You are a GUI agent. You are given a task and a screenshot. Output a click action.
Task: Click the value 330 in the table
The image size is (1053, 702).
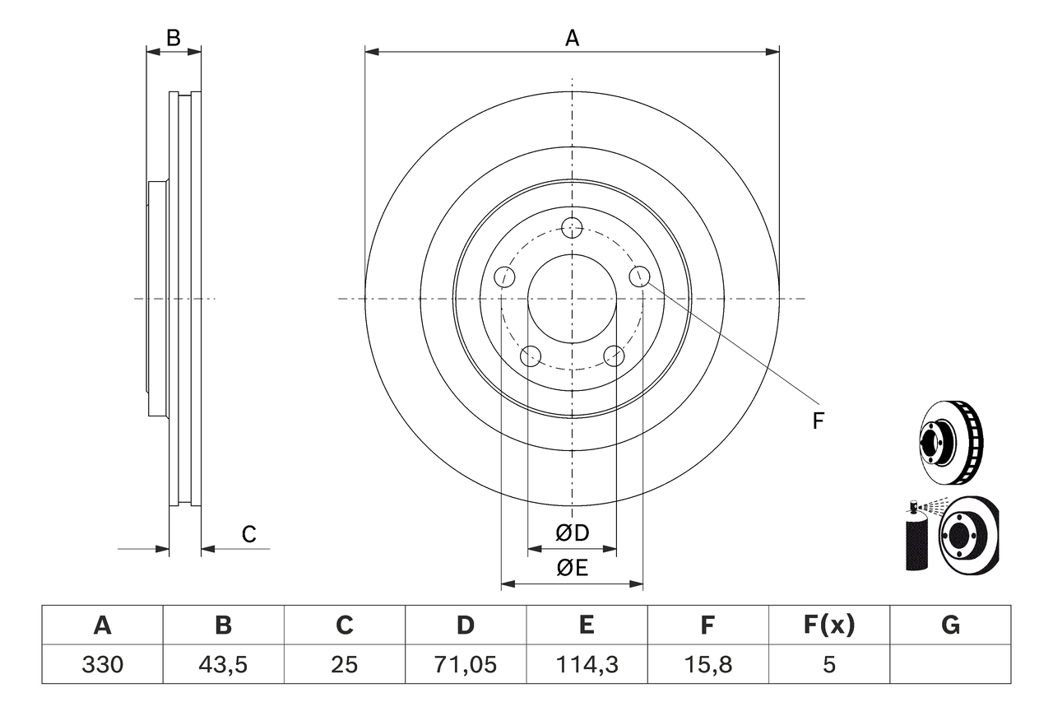pyautogui.click(x=102, y=664)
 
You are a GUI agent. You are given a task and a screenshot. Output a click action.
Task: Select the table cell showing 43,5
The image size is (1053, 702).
pyautogui.click(x=223, y=664)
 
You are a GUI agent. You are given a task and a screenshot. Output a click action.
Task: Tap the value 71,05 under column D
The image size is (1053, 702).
pyautogui.click(x=466, y=664)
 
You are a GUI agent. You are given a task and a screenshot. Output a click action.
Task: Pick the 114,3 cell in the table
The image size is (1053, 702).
pyautogui.click(x=586, y=664)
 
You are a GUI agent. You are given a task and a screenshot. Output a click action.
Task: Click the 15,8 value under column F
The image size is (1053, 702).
pyautogui.click(x=707, y=664)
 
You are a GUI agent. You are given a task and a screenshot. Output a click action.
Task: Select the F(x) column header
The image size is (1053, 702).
pyautogui.click(x=828, y=626)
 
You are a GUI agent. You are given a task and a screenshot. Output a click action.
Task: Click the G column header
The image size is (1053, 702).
pyautogui.click(x=950, y=626)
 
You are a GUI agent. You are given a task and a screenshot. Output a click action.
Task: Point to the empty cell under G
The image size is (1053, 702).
pyautogui.click(x=950, y=664)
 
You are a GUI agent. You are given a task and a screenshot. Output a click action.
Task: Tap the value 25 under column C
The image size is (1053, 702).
pyautogui.click(x=344, y=664)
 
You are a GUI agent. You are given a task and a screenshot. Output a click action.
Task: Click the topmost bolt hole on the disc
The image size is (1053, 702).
pyautogui.click(x=572, y=227)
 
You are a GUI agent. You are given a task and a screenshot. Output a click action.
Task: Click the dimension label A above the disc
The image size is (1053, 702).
pyautogui.click(x=572, y=38)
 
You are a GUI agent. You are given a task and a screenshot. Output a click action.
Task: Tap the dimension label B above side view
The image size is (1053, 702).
pyautogui.click(x=173, y=38)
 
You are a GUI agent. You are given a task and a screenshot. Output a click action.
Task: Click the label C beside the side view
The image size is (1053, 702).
pyautogui.click(x=249, y=535)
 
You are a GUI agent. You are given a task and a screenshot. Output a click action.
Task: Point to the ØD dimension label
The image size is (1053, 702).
pyautogui.click(x=573, y=533)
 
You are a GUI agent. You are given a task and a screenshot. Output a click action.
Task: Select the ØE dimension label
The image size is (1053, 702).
pyautogui.click(x=573, y=568)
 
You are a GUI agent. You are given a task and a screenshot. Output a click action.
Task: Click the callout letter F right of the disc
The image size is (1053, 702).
pyautogui.click(x=818, y=421)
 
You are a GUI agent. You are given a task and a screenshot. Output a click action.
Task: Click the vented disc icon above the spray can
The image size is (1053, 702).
pyautogui.click(x=950, y=442)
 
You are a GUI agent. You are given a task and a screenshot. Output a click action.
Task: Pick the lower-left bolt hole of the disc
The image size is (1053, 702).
pyautogui.click(x=531, y=356)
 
